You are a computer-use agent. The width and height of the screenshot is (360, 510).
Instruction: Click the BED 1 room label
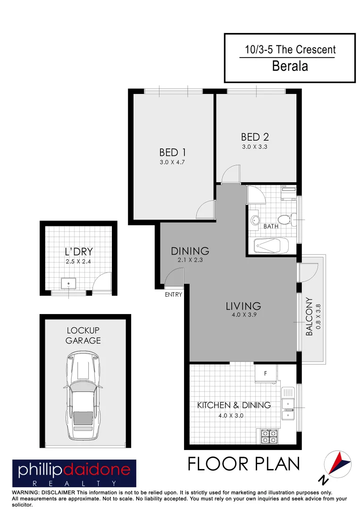(172, 153)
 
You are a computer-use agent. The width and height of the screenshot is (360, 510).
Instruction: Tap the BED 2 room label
(255, 137)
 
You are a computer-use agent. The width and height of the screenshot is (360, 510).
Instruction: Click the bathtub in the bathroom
(271, 246)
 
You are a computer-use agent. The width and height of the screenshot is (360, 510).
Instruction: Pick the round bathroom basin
(256, 220)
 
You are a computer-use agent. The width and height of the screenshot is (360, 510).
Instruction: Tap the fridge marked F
(266, 374)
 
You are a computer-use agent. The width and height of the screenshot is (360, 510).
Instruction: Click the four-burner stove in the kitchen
(269, 436)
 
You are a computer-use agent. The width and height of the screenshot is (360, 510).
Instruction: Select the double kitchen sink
(288, 409)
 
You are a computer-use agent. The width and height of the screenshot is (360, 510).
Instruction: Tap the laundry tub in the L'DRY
(69, 284)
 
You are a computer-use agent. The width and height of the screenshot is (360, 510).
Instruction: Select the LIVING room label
(243, 306)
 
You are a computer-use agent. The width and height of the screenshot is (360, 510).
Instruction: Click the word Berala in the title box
(290, 66)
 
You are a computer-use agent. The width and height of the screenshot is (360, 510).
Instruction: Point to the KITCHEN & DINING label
(234, 405)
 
